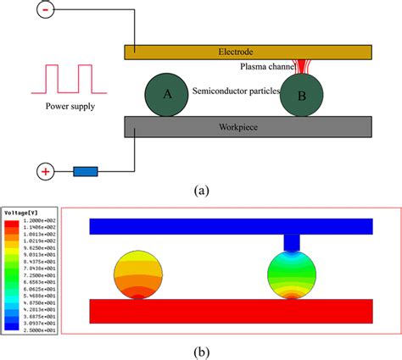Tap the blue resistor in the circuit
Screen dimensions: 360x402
85,172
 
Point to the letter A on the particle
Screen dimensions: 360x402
168,95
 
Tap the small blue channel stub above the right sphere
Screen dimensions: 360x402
292,243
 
